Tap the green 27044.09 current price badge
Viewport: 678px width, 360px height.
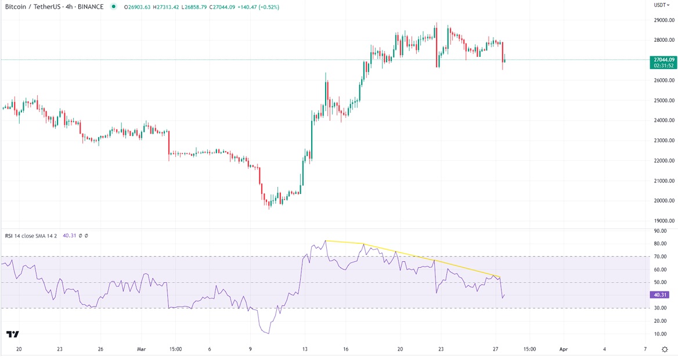pyautogui.click(x=663, y=60)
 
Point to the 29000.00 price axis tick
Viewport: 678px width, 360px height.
pyautogui.click(x=663, y=20)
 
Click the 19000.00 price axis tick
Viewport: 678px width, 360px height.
pyautogui.click(x=663, y=221)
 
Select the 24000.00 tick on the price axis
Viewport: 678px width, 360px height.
pyautogui.click(x=663, y=120)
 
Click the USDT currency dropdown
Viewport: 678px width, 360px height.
pyautogui.click(x=662, y=5)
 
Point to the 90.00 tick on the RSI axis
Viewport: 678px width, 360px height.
pyautogui.click(x=659, y=231)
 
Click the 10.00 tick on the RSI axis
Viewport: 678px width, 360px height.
pyautogui.click(x=659, y=334)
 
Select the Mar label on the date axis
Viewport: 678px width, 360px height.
pyautogui.click(x=142, y=349)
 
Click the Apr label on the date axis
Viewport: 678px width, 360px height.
pyautogui.click(x=563, y=349)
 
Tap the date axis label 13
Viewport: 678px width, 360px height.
pyautogui.click(x=305, y=349)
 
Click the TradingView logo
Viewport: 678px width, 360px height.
pyautogui.click(x=12, y=334)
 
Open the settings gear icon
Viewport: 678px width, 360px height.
pyautogui.click(x=665, y=349)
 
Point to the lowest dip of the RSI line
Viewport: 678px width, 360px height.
pyautogui.click(x=268, y=333)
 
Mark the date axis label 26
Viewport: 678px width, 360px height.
pyautogui.click(x=100, y=349)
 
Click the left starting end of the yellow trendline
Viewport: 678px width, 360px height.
pyautogui.click(x=326, y=240)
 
